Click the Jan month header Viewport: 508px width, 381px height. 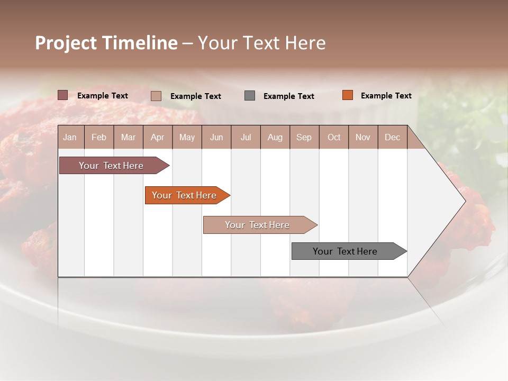[70, 138]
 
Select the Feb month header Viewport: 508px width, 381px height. [99, 138]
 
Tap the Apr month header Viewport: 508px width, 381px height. [157, 138]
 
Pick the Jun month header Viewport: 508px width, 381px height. [216, 138]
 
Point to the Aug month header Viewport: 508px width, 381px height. [275, 138]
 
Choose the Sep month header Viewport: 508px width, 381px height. [304, 138]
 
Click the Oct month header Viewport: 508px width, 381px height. [334, 138]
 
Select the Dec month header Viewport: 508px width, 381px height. [392, 138]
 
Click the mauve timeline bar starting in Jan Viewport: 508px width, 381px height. [111, 166]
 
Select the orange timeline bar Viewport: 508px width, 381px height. [184, 195]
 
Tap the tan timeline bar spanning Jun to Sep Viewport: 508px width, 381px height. [257, 225]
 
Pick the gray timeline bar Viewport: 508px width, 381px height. [345, 251]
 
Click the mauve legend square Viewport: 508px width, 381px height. [63, 95]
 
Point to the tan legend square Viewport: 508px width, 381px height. [156, 96]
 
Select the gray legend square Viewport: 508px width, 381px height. [250, 96]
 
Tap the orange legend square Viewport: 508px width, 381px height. [348, 95]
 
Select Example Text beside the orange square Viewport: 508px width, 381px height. [386, 96]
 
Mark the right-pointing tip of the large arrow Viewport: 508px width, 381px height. [465, 201]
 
